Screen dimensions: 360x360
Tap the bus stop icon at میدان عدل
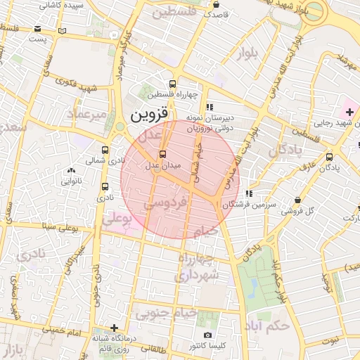pos(163,154)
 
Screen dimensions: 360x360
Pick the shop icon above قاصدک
pos(216,3)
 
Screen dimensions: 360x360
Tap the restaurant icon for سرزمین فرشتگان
pos(249,193)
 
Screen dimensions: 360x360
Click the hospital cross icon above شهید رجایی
pos(349,112)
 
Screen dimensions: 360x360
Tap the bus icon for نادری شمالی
pos(105,150)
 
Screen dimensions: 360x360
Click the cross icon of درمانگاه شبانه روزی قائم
pos(115,328)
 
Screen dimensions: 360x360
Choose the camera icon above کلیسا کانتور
pos(207,335)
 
